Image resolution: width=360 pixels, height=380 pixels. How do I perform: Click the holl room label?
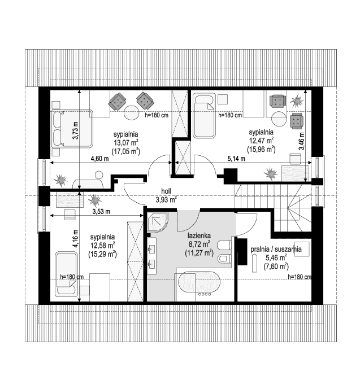point(166,191)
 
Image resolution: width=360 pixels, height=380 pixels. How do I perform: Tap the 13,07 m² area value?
point(126,142)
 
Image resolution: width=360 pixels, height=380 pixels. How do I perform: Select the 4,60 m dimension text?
point(99,159)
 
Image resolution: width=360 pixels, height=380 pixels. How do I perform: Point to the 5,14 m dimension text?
point(236,159)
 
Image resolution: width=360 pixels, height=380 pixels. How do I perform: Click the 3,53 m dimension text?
point(101,212)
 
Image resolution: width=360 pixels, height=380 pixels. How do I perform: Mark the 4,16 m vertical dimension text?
point(76,238)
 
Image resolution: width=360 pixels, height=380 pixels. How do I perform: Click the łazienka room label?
point(199,235)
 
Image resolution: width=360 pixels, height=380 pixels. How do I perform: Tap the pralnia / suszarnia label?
point(276,249)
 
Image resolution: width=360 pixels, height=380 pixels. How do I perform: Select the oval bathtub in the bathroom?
point(199,282)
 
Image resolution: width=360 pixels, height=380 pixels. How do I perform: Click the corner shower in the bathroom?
point(158,222)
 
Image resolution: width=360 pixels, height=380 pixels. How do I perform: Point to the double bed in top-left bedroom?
point(72,129)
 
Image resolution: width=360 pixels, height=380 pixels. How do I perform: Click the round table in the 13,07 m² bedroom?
point(131,112)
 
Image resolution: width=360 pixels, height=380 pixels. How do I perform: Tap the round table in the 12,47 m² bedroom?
point(279,119)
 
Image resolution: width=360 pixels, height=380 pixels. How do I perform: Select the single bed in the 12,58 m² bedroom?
point(67,274)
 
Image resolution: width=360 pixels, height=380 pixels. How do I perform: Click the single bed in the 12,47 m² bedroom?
point(205,116)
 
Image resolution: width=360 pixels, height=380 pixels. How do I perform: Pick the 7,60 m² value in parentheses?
point(276,267)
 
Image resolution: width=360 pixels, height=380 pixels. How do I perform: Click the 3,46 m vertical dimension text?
point(302,141)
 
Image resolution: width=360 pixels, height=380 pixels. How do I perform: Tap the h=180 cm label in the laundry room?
point(300,277)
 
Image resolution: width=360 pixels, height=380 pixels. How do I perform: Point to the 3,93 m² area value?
point(166,200)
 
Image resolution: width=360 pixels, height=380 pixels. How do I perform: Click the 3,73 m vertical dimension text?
point(76,130)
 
